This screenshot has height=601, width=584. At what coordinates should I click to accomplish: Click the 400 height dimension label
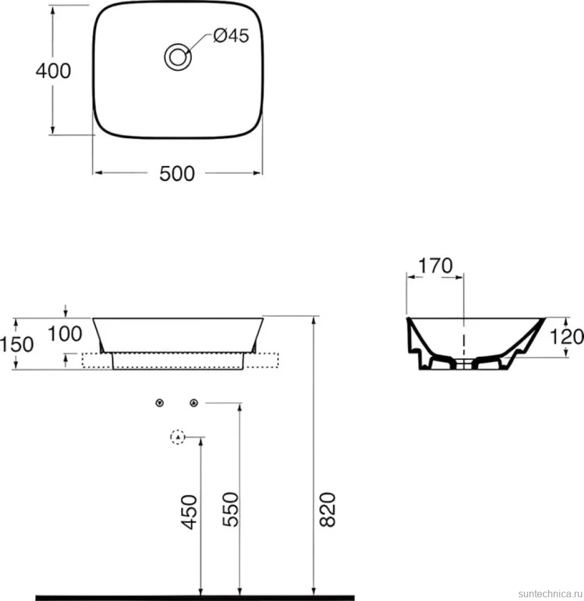pos(53,71)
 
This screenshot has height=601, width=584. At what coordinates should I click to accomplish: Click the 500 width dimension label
pos(177,173)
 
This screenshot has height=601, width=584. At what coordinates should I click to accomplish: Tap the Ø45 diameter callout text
pos(231,36)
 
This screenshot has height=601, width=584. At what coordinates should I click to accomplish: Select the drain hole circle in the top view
pos(178,58)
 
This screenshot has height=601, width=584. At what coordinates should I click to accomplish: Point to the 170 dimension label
pos(435,266)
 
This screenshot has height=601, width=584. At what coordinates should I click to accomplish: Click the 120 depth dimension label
pos(567,337)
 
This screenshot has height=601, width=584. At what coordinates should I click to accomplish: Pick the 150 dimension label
pos(17,344)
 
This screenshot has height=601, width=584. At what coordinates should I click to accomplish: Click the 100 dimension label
pos(64,334)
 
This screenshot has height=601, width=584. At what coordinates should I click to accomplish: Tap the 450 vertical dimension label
pos(190,512)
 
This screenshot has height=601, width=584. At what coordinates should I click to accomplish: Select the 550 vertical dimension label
pos(231,509)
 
